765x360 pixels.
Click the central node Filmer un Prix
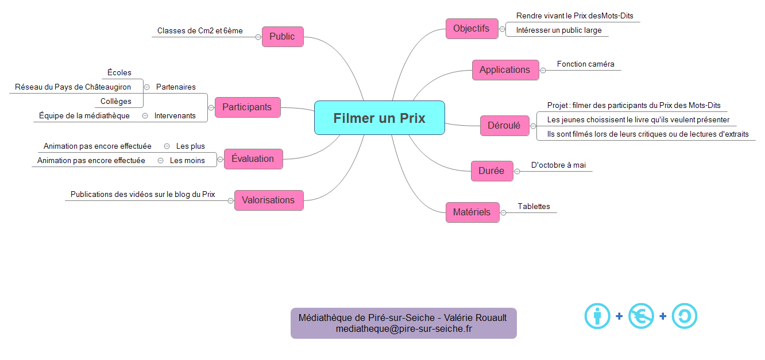pos(379,118)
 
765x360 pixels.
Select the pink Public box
pos(282,37)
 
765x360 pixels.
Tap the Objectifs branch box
pos(472,29)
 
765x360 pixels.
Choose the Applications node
pos(505,70)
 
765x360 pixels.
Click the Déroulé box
pos(504,126)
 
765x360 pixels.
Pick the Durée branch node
pos(491,171)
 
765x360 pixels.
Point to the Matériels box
pos(472,212)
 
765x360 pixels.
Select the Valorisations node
pos(268,200)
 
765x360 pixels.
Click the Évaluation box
pos(253,159)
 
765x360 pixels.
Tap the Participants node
pos(247,107)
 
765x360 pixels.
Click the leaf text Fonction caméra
pos(585,64)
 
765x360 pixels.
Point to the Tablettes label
pos(534,207)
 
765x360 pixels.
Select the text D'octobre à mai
pos(558,165)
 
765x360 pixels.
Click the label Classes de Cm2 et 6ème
pos(200,31)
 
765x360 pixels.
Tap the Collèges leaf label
pos(116,102)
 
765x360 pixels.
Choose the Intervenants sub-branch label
pos(175,116)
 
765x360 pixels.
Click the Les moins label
pos(187,161)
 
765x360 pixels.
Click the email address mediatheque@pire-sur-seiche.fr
pos(403,329)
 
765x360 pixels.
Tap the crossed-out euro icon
pos(641,316)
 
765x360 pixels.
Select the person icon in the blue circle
pos(597,316)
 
